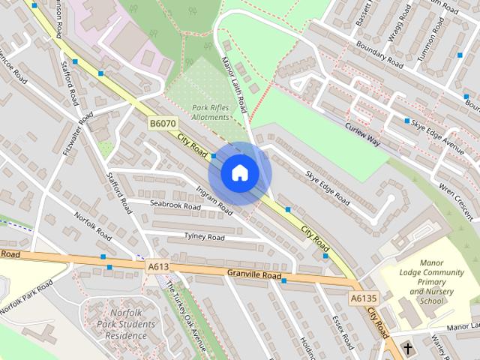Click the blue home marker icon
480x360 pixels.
(x=240, y=173)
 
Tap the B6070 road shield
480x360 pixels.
(x=162, y=124)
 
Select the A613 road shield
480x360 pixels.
(x=157, y=265)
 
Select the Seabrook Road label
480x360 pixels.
(x=175, y=205)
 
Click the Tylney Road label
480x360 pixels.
(x=204, y=237)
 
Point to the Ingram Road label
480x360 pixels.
(x=213, y=200)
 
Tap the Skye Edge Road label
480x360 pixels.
(x=328, y=187)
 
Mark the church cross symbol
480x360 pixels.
(x=408, y=349)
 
